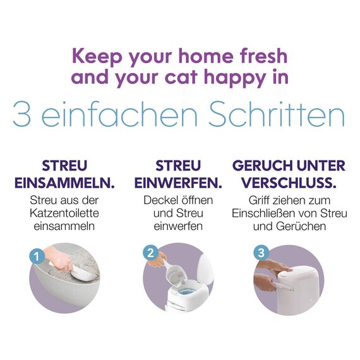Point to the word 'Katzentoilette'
pos(64,213)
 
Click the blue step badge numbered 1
pos(37,256)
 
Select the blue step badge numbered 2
pos(150,253)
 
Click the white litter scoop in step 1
pos(82,272)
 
